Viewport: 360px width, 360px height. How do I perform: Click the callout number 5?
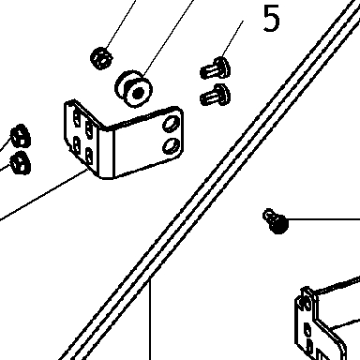(271, 19)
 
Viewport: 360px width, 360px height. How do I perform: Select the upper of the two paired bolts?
(216, 67)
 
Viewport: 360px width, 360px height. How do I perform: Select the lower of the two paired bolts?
(216, 95)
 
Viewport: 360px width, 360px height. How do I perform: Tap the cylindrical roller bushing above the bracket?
(134, 89)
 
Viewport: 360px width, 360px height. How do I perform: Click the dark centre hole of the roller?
(139, 93)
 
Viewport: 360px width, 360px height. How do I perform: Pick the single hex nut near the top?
(101, 58)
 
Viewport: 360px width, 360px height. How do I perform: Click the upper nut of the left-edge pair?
(21, 136)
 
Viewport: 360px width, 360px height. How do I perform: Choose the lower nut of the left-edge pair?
(21, 162)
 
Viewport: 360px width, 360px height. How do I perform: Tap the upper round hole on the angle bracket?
(171, 124)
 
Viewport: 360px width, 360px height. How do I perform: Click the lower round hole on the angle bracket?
(172, 146)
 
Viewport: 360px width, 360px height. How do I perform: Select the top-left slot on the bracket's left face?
(76, 118)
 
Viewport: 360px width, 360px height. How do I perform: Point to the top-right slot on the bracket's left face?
(89, 128)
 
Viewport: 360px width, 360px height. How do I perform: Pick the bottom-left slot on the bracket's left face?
(76, 143)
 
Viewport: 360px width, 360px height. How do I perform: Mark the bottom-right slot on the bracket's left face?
(89, 156)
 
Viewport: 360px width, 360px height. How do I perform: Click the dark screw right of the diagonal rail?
(276, 221)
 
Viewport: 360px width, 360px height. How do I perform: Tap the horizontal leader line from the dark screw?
(324, 219)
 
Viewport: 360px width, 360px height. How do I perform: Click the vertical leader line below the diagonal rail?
(150, 319)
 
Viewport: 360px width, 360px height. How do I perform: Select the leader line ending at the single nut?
(120, 24)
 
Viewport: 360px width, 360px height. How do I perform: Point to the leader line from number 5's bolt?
(232, 39)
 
